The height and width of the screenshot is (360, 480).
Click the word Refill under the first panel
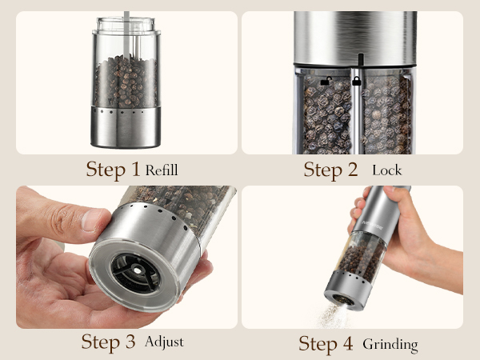coord(162,170)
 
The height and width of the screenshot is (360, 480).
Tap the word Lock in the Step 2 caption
coord(387,170)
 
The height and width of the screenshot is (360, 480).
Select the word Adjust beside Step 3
coord(164,342)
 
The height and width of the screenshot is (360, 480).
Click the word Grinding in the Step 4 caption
coord(390,344)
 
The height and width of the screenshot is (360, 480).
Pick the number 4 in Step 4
coord(350,344)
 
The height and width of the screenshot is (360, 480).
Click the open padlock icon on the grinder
coord(326,81)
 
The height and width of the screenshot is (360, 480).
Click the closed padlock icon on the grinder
coord(356,81)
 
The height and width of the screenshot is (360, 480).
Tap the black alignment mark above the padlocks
coord(360,60)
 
